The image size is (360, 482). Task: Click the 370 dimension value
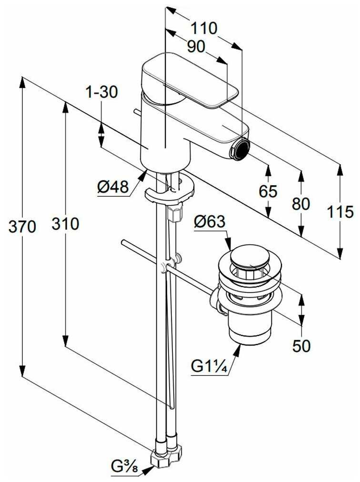[22, 227]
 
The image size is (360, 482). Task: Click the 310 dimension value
[65, 223]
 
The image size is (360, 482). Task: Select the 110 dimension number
[204, 28]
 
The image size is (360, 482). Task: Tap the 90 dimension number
[196, 47]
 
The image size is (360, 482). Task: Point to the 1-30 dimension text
[102, 92]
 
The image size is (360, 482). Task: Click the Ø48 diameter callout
[113, 187]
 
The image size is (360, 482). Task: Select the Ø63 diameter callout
[210, 221]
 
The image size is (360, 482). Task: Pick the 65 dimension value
[268, 191]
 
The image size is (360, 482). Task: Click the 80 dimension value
[301, 203]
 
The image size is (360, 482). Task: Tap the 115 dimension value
[340, 212]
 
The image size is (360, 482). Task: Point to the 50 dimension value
[301, 346]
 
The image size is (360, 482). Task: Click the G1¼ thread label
[209, 366]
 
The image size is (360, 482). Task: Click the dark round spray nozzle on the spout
[240, 149]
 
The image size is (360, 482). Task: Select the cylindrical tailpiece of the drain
[250, 329]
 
